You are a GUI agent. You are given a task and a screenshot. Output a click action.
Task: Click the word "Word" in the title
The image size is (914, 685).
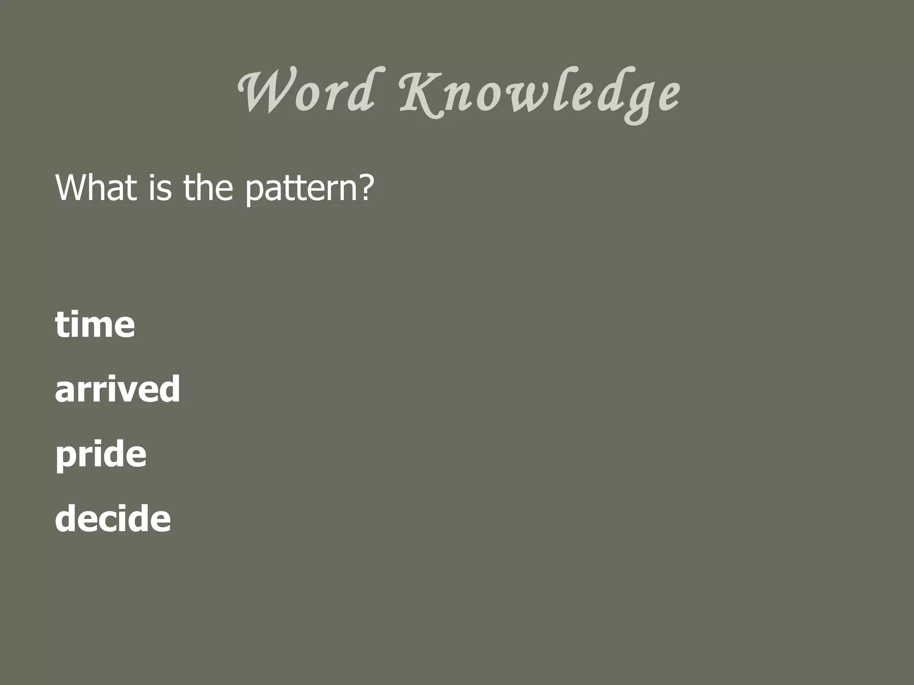click(306, 92)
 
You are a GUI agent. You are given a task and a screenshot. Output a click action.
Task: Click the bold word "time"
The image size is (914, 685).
click(95, 324)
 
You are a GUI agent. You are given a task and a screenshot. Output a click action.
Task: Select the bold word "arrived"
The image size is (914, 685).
click(117, 389)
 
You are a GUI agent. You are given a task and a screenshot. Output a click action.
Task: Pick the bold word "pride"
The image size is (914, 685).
click(101, 455)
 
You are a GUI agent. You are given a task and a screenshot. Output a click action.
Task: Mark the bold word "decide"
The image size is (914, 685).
click(113, 519)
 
